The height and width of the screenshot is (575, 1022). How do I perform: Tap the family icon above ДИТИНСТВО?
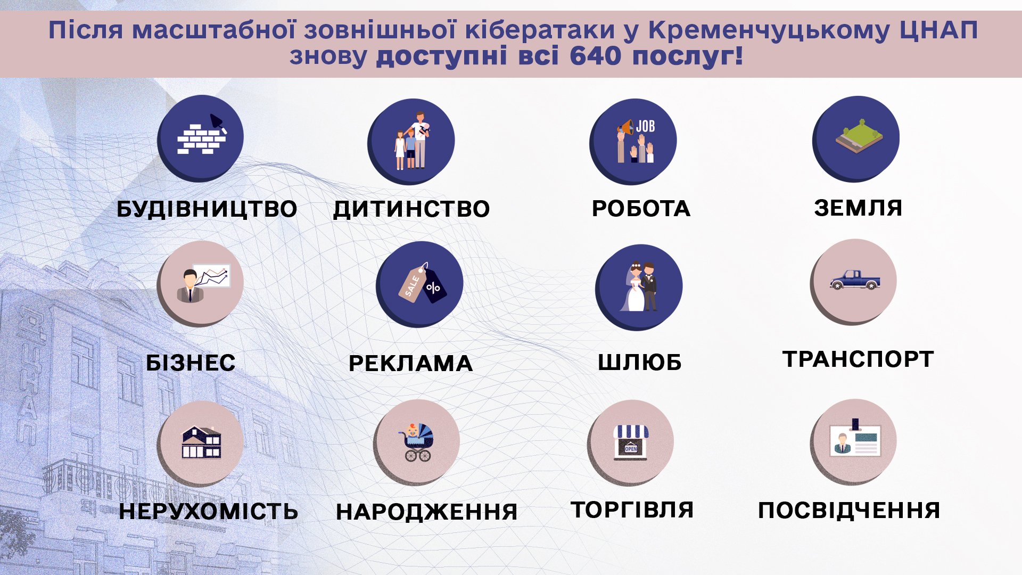412,141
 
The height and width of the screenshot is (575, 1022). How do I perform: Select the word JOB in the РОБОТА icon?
645,126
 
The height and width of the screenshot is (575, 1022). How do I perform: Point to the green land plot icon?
859,136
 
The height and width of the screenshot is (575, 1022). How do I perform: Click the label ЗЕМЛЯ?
858,208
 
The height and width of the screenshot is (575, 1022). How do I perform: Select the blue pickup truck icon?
855,280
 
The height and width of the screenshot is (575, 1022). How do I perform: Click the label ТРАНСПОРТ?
858,359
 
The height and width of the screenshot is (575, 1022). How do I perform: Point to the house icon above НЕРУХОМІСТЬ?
201,442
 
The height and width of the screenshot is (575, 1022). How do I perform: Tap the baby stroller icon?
416,442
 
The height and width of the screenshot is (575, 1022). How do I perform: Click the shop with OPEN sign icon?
631,442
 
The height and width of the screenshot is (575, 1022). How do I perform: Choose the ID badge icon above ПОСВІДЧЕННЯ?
855,439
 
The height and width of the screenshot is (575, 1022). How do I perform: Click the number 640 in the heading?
595,56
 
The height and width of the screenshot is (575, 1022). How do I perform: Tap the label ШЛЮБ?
640,362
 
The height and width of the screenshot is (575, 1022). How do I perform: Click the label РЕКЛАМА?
410,364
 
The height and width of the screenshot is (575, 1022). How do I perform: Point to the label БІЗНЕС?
191,363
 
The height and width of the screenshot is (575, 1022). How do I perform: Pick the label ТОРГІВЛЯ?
632,510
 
